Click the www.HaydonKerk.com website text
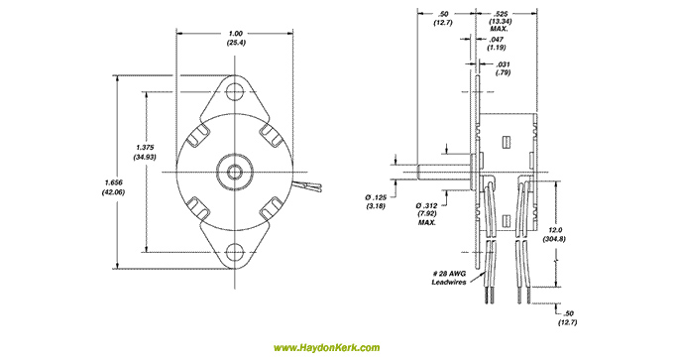coord(326,347)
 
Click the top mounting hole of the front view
coord(235,90)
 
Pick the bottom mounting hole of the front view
coord(235,252)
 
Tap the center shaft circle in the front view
coord(235,172)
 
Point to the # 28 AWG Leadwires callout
coord(449,278)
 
